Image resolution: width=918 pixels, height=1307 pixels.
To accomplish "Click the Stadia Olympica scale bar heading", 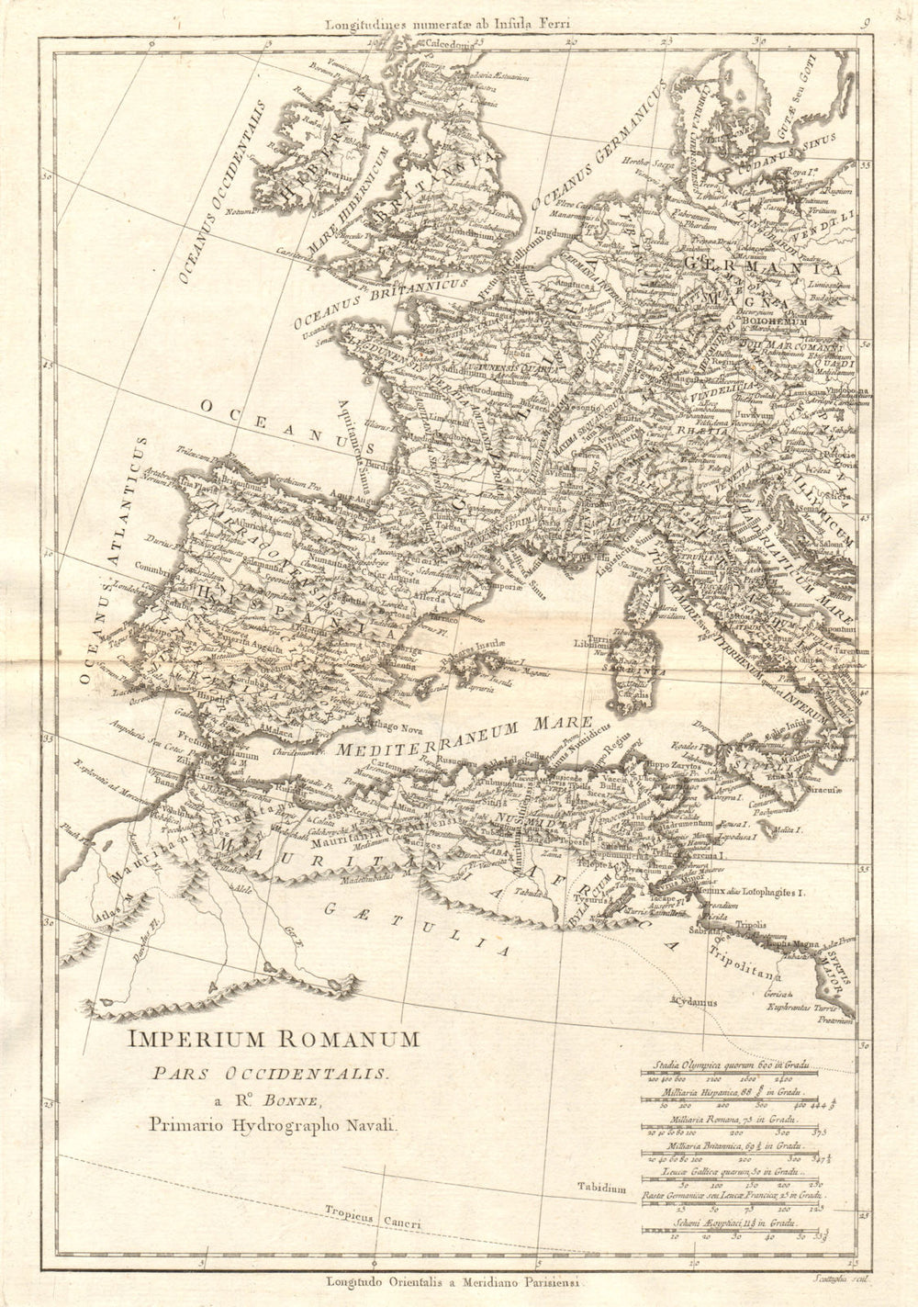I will click(x=731, y=1065).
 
